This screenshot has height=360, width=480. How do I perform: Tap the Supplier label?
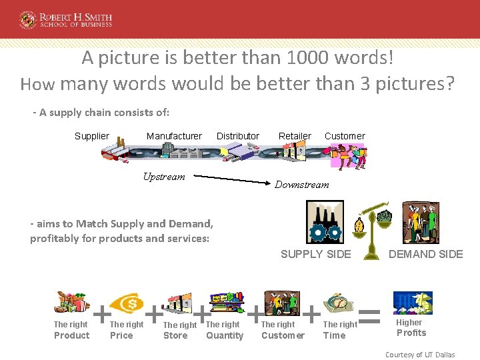pyautogui.click(x=91, y=136)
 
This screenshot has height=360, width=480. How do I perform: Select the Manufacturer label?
pyautogui.click(x=174, y=136)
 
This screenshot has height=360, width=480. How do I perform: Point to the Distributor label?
pyautogui.click(x=238, y=136)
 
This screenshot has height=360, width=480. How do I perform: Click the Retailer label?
pyautogui.click(x=295, y=136)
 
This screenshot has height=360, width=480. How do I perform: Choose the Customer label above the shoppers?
pyautogui.click(x=345, y=136)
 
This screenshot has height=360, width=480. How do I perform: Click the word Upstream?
pyautogui.click(x=164, y=177)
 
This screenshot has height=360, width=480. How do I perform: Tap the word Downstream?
pyautogui.click(x=302, y=185)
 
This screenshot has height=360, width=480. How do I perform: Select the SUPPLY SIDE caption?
pyautogui.click(x=316, y=254)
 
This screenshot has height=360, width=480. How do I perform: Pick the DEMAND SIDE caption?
pyautogui.click(x=426, y=254)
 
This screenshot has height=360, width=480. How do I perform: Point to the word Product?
pyautogui.click(x=71, y=335)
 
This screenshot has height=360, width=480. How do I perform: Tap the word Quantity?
pyautogui.click(x=225, y=335)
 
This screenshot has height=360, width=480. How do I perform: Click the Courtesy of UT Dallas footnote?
pyautogui.click(x=420, y=355)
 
